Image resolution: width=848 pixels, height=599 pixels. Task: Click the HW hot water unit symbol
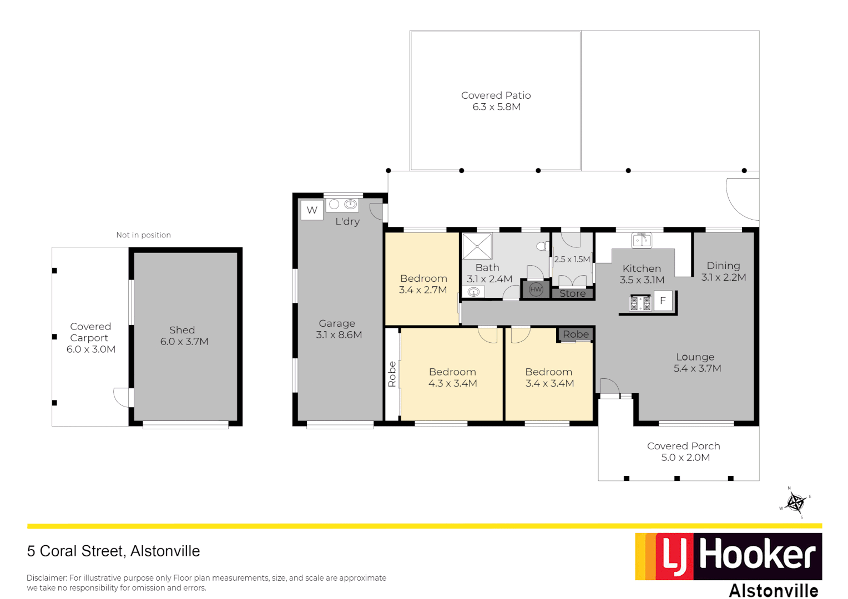[x=536, y=290]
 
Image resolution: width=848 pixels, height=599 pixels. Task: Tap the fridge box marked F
[x=663, y=301]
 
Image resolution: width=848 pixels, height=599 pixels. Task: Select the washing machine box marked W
[x=312, y=210]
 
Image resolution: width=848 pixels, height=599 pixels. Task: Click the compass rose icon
[x=796, y=503]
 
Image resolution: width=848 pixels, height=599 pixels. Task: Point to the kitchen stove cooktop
[x=640, y=303]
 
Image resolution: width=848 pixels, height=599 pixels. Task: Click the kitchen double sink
[x=642, y=240]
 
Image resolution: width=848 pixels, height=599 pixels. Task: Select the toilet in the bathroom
[x=542, y=246]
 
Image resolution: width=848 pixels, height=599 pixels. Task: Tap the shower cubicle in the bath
[x=477, y=246]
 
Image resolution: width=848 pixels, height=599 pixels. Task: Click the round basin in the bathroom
[x=473, y=292]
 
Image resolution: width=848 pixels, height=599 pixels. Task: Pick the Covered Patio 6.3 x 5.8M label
[x=496, y=101]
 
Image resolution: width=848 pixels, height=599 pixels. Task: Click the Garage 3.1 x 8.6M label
[x=339, y=329]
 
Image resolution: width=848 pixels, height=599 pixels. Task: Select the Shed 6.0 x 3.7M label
[x=184, y=336]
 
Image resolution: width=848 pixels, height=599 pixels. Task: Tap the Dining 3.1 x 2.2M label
[x=723, y=271]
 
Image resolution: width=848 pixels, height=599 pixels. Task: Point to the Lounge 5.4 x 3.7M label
[x=696, y=363]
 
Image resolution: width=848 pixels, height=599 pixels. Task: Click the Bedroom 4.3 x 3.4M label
[x=452, y=378]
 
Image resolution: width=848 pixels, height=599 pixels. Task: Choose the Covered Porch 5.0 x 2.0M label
[x=684, y=451]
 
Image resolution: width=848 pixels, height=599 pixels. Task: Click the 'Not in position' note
[x=143, y=235]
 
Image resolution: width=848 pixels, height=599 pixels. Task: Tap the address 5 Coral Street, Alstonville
[x=113, y=551]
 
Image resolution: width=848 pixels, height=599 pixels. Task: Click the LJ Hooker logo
[x=728, y=557]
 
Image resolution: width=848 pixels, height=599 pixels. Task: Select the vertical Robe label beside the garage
[x=392, y=374]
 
